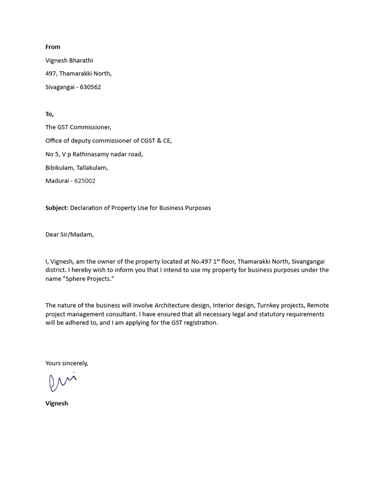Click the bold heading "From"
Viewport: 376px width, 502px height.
[53, 47]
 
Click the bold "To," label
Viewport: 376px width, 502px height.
[49, 114]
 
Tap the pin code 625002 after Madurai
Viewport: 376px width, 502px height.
[85, 181]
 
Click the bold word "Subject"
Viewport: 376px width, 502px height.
[56, 208]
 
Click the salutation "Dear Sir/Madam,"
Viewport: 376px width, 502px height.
[70, 234]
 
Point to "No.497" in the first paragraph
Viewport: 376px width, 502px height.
[196, 262]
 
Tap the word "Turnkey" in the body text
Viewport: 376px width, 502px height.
[268, 305]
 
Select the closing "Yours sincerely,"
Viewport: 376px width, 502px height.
[67, 363]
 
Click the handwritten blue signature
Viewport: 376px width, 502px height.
[62, 382]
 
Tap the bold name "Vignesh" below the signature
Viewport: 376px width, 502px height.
[57, 403]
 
